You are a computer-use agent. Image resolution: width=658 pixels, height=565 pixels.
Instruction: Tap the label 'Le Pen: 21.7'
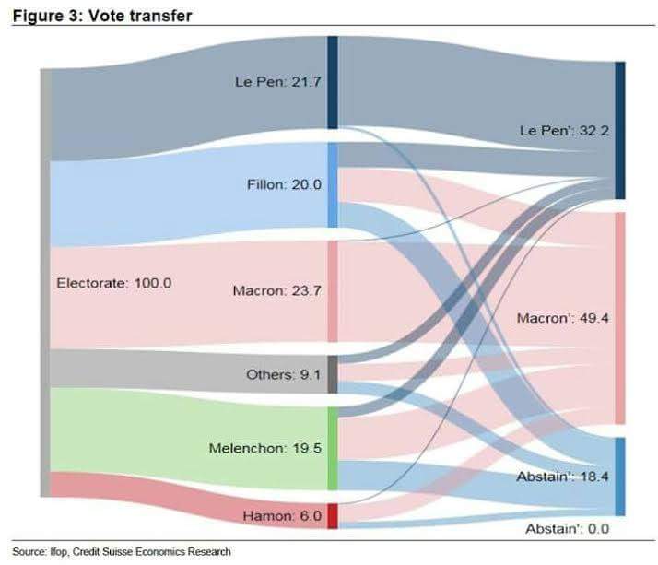[277, 80]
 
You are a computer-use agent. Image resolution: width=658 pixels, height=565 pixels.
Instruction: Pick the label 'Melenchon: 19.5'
[264, 448]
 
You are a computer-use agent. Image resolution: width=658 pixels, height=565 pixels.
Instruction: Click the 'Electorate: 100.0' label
[114, 282]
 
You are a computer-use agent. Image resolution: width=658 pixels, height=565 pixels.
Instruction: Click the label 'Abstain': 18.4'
[560, 477]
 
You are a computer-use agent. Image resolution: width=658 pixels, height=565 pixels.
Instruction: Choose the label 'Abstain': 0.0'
[568, 529]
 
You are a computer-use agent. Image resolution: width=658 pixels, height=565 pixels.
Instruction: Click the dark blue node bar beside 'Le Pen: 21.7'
[333, 83]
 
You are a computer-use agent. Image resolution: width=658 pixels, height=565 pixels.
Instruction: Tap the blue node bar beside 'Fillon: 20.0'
[333, 184]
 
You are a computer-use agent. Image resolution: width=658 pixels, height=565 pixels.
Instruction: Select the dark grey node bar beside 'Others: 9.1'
[333, 375]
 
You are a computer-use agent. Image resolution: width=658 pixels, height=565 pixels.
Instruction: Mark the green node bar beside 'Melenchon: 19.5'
[333, 449]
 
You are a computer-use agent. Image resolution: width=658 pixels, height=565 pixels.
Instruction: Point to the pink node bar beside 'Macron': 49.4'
[619, 318]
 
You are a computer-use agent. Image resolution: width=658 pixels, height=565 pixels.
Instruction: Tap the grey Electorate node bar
[44, 282]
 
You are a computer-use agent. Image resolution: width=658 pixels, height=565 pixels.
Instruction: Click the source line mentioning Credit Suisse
[122, 551]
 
